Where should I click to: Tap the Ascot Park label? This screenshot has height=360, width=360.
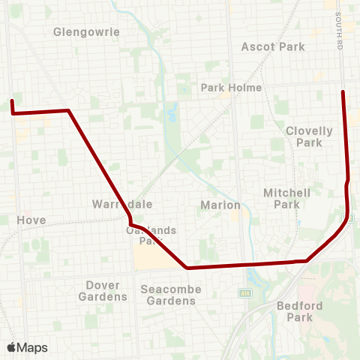click(x=273, y=46)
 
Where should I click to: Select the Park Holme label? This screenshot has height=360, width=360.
click(x=231, y=88)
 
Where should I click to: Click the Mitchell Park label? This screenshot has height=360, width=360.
click(x=286, y=198)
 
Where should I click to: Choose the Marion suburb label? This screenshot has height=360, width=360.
click(x=220, y=205)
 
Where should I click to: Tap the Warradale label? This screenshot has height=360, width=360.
click(x=112, y=204)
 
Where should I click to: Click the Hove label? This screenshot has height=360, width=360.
click(x=31, y=220)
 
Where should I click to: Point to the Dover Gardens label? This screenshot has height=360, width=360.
click(x=102, y=290)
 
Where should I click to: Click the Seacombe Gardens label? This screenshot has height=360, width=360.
click(x=170, y=295)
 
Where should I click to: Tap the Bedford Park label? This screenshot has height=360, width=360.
click(x=299, y=311)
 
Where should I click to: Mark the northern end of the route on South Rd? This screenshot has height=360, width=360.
click(x=343, y=91)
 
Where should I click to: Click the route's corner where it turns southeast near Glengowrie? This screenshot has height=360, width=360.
click(x=68, y=111)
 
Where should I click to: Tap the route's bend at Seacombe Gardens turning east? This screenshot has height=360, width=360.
click(x=187, y=267)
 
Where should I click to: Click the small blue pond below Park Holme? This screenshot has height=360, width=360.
click(x=173, y=116)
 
